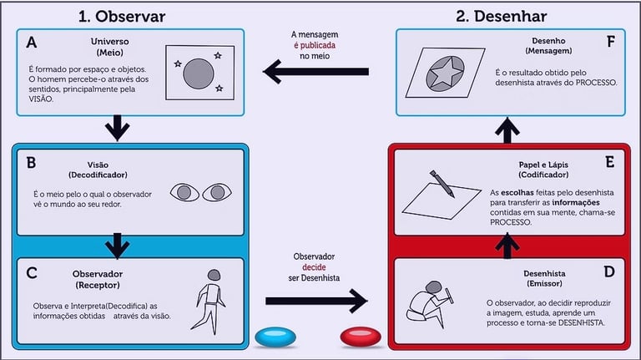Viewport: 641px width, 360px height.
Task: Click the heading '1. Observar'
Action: [121, 15]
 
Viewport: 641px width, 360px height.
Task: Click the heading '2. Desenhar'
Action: [501, 15]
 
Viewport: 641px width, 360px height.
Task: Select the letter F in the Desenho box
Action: [611, 41]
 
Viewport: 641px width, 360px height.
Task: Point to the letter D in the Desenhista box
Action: [608, 271]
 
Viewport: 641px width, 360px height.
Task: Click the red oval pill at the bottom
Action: [362, 337]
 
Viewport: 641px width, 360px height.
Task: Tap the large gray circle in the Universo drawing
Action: [198, 73]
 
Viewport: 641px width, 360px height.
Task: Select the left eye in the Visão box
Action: [184, 192]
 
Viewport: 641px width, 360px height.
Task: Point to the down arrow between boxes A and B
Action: [118, 129]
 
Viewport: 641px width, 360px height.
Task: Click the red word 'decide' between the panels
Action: [315, 266]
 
